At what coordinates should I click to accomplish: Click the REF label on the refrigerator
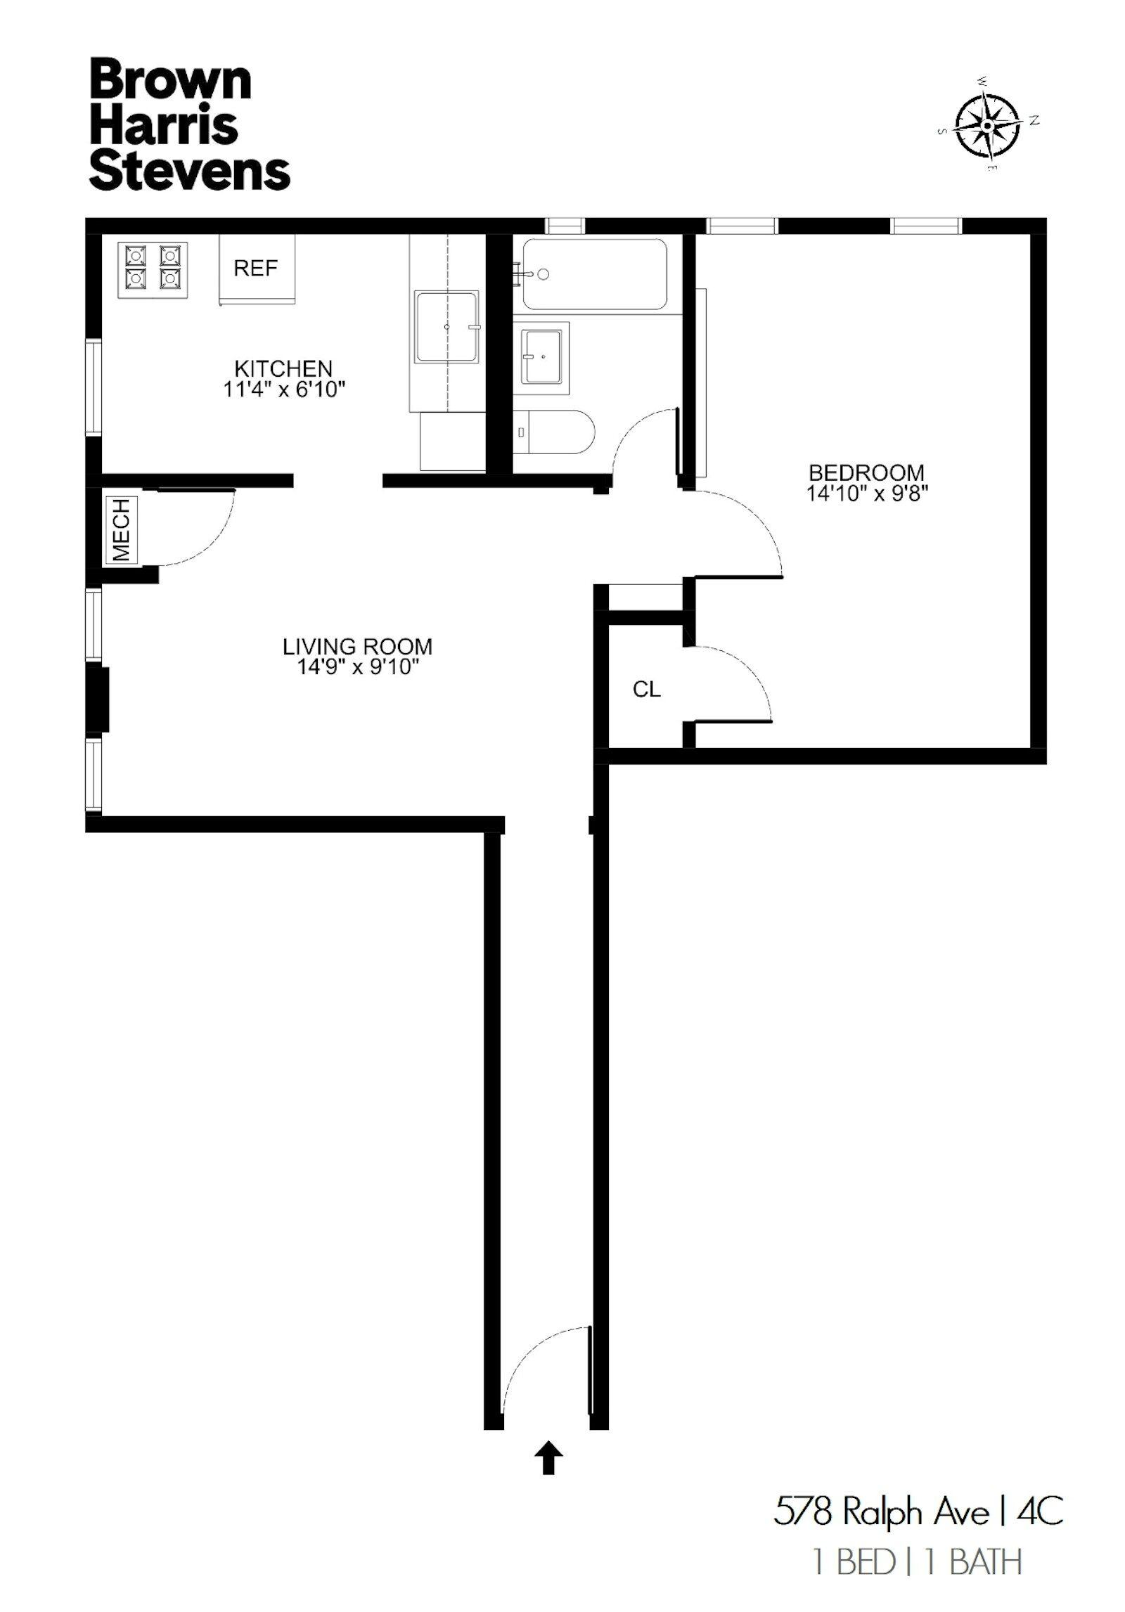click(x=255, y=268)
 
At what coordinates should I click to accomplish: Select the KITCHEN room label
click(x=283, y=368)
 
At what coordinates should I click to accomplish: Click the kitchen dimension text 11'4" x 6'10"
click(x=284, y=389)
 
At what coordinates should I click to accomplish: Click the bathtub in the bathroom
click(x=595, y=274)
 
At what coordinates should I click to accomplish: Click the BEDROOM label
click(x=866, y=472)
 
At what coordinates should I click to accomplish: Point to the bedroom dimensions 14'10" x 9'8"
click(x=867, y=494)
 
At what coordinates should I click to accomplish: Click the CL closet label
click(x=646, y=690)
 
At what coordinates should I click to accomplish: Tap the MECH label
click(x=122, y=530)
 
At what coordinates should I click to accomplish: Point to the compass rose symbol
click(x=988, y=126)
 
